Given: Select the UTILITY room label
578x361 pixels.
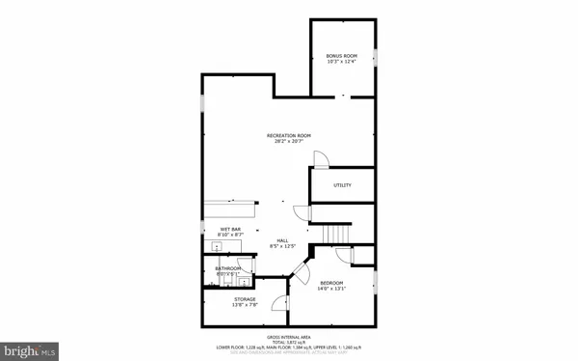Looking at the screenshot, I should pyautogui.click(x=342, y=185).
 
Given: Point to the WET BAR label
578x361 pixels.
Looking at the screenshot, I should pyautogui.click(x=217, y=229).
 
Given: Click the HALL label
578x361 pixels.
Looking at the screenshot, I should pyautogui.click(x=283, y=240).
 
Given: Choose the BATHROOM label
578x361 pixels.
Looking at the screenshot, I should pyautogui.click(x=228, y=268).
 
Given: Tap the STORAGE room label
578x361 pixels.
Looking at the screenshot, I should pyautogui.click(x=245, y=300).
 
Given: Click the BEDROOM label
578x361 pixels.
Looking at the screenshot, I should pyautogui.click(x=331, y=282).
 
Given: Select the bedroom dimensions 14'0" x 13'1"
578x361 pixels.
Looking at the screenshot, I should pyautogui.click(x=331, y=289).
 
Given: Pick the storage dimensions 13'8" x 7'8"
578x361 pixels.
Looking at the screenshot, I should pyautogui.click(x=245, y=307).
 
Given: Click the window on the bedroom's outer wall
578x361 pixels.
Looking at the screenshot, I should pyautogui.click(x=375, y=282).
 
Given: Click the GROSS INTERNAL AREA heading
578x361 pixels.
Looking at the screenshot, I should pyautogui.click(x=289, y=336).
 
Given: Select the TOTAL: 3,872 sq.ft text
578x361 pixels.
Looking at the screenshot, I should pyautogui.click(x=289, y=342).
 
